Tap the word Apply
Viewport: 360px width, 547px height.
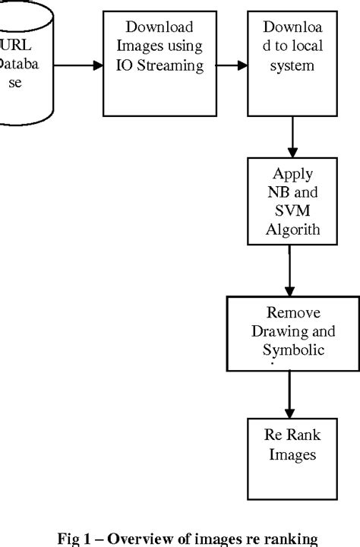(x=292, y=173)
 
